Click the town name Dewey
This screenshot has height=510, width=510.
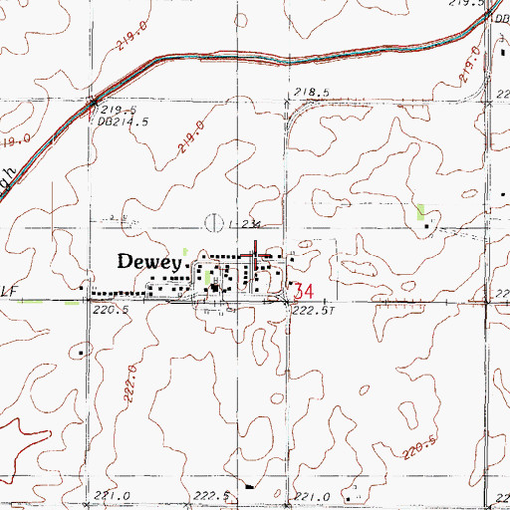150,262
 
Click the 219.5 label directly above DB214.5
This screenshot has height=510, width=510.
116,111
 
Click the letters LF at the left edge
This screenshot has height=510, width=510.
10,292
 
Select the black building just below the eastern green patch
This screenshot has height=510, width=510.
428,226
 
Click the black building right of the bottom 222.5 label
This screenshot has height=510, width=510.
248,488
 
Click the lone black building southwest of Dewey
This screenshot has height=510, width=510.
82,350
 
